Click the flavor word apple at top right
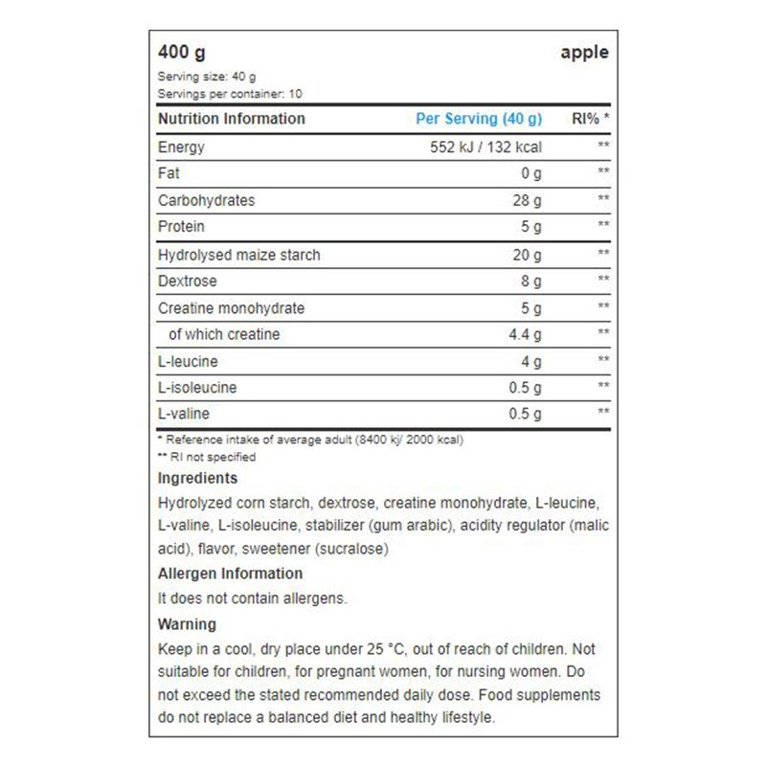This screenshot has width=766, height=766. [584, 53]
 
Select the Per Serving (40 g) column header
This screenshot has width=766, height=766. [479, 119]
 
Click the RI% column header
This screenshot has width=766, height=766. [590, 119]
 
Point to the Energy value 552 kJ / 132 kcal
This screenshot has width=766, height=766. [486, 147]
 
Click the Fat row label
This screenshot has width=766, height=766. [169, 173]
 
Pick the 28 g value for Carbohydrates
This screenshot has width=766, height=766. [528, 201]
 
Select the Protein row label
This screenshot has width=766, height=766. [181, 227]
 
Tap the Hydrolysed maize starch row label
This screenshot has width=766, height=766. [238, 255]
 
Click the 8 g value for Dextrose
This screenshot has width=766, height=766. [531, 282]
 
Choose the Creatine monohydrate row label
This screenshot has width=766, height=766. [231, 308]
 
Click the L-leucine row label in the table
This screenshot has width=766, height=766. [188, 362]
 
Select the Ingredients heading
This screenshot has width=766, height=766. [197, 478]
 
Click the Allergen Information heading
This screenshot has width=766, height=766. [230, 574]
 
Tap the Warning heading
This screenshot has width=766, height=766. [187, 624]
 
